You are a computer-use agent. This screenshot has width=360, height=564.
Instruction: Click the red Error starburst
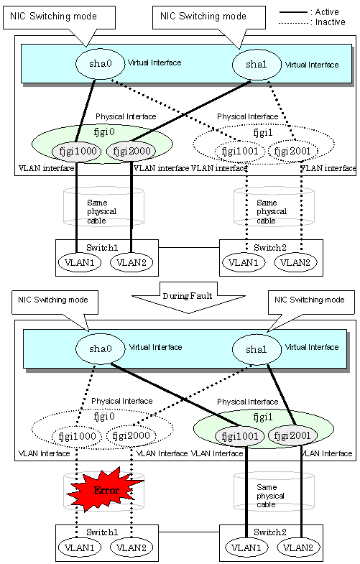106,489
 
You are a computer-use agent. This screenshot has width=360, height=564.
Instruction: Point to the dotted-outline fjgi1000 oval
77,437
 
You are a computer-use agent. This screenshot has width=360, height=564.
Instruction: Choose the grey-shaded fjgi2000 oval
131,151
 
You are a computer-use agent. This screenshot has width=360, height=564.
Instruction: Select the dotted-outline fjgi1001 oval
240,152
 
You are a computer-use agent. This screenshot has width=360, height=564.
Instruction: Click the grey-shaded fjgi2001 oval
292,436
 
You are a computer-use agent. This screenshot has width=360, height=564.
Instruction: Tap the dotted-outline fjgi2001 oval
292,152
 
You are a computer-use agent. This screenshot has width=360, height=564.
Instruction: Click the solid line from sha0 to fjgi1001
175,395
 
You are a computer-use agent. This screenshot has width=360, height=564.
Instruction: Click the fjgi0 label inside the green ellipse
104,132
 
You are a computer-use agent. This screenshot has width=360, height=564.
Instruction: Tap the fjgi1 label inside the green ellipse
263,417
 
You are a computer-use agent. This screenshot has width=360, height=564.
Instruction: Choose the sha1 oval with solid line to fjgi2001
257,350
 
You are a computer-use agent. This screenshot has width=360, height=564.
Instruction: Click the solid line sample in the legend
293,13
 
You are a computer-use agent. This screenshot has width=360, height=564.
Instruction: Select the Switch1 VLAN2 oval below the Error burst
131,547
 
